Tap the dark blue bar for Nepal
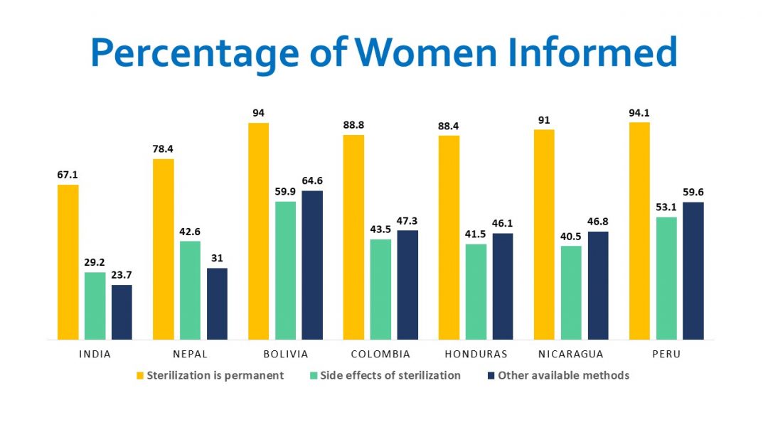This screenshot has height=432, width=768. coord(217,303)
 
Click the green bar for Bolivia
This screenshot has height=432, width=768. coord(285,270)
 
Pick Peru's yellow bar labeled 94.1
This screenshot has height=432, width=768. coord(640,230)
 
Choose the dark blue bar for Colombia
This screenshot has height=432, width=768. coord(407,284)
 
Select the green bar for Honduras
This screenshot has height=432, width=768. coord(476,291)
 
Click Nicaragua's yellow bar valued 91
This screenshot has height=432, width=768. coord(545,234)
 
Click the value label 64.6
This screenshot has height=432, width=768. coord(312,181)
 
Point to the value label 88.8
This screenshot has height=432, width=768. coord(353,125)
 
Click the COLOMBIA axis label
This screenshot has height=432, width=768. coord(380,354)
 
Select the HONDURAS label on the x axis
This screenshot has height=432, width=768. coord(476,354)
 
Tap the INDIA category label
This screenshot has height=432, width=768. coord(95,354)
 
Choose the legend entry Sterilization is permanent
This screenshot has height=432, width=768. coord(215,375)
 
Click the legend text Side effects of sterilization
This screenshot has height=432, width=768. coord(390,375)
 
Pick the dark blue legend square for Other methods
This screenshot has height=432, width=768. coord(490,375)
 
